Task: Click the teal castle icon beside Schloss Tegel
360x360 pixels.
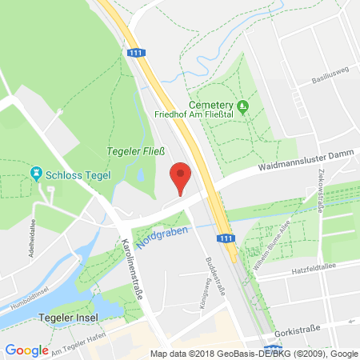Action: pos(35,173)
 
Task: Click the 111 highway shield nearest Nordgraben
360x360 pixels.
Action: pos(226,238)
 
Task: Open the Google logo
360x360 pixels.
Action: pos(26,350)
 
